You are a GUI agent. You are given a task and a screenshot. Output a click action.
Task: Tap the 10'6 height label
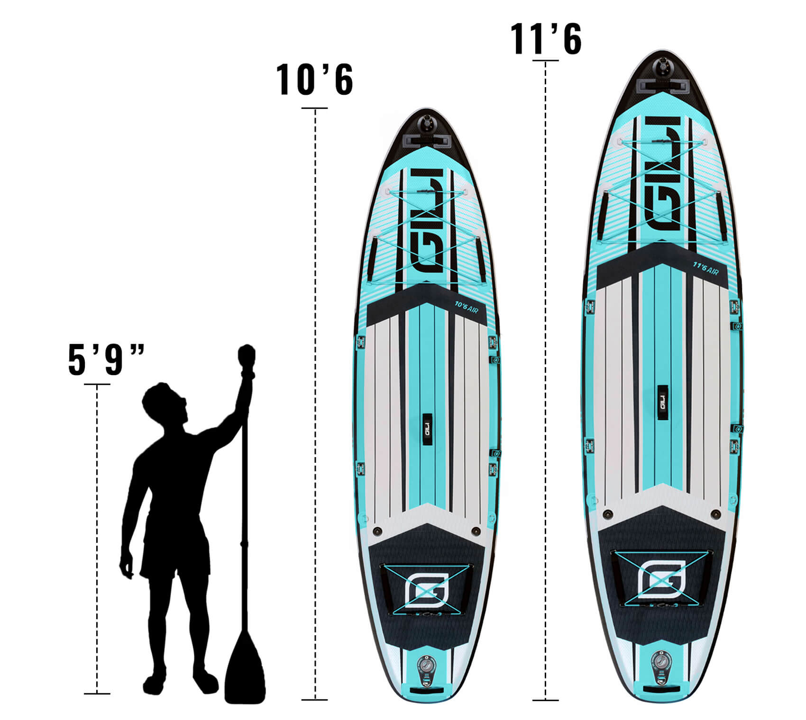pyautogui.click(x=315, y=80)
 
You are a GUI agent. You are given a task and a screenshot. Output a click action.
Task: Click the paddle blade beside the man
pyautogui.click(x=245, y=665)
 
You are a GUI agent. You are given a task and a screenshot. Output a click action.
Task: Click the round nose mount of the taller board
pyautogui.click(x=662, y=65)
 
